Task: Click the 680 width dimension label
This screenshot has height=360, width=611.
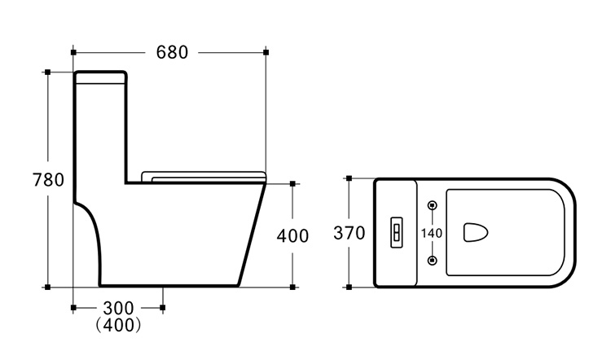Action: (172, 52)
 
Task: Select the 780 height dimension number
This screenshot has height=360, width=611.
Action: (48, 180)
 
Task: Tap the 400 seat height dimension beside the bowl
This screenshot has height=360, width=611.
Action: (292, 235)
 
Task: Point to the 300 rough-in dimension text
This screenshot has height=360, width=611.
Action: (118, 308)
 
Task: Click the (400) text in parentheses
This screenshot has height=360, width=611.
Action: (118, 324)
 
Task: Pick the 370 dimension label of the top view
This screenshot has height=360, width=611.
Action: (349, 233)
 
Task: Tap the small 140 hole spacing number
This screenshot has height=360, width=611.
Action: (432, 233)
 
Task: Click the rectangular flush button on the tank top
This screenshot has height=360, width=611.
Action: (397, 232)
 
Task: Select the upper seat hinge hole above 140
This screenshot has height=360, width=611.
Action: (433, 205)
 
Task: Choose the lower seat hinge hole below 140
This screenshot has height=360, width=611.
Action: (433, 261)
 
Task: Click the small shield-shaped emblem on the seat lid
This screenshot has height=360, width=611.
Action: (476, 232)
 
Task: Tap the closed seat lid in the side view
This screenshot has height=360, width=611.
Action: (204, 177)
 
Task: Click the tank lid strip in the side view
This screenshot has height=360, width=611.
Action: (100, 77)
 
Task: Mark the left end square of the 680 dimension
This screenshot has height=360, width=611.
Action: (73, 52)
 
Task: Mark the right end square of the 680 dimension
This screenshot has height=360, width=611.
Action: (266, 52)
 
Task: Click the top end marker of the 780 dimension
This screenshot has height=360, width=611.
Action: (47, 72)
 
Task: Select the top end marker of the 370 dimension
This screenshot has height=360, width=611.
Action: (349, 178)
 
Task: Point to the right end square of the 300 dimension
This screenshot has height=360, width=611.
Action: (162, 308)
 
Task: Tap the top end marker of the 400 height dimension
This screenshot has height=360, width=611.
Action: (292, 183)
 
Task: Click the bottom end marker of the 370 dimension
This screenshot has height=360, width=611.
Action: (349, 288)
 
